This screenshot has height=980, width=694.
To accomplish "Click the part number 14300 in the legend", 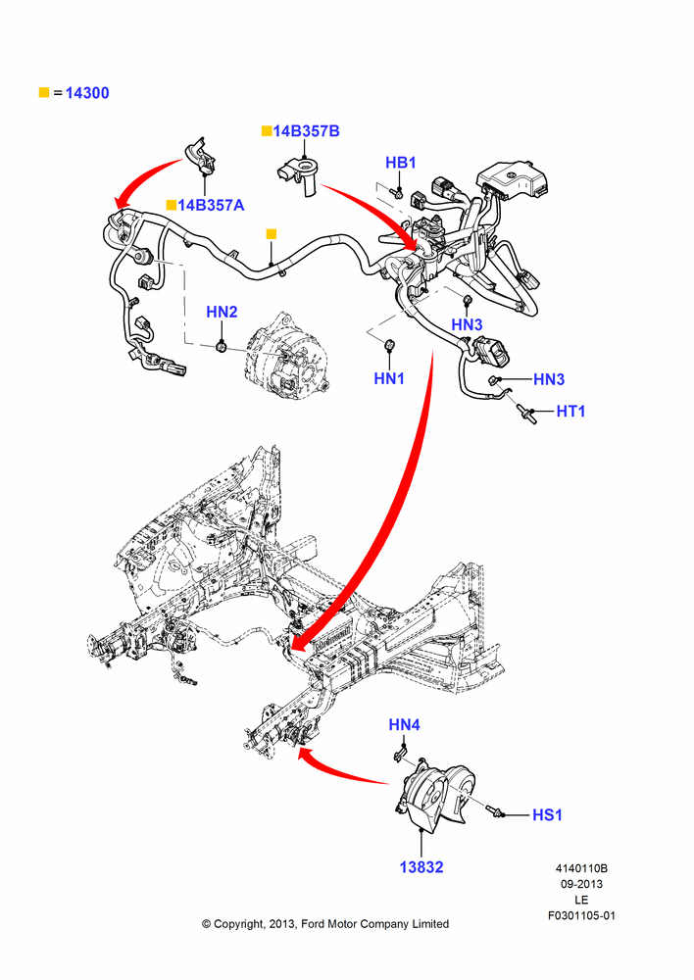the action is click(87, 93).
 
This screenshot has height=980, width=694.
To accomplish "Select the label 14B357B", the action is click(307, 131).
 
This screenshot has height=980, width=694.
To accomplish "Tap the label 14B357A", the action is click(211, 205).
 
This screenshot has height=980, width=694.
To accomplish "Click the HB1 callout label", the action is click(401, 163).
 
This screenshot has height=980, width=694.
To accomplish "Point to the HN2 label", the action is click(222, 312).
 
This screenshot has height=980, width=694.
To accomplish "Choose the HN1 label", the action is click(389, 378).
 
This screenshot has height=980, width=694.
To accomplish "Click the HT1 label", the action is click(570, 412).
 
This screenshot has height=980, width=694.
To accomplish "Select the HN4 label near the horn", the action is click(405, 725).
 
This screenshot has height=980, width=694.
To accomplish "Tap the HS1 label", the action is click(547, 815).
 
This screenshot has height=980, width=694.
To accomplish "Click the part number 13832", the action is click(421, 867).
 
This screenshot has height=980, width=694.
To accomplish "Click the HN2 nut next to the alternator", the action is click(221, 345).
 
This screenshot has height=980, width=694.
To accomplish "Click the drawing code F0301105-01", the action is click(581, 915).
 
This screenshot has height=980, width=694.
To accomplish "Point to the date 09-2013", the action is click(581, 884).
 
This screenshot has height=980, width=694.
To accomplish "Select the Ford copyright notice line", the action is click(325, 924).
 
